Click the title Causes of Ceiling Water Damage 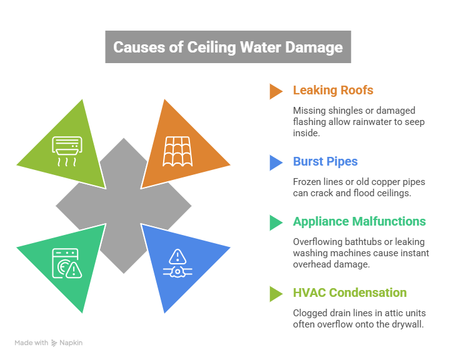point(227,47)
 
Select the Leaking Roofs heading point(333,90)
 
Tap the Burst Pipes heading point(325,162)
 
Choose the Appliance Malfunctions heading point(359,222)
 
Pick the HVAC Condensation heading point(349,292)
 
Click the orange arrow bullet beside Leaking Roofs point(276,91)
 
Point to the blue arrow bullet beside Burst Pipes point(276,162)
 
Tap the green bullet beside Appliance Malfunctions point(276,222)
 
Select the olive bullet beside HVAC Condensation point(276,293)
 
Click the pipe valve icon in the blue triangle point(178,272)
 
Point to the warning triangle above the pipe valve point(178,256)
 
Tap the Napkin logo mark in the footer point(54,342)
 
